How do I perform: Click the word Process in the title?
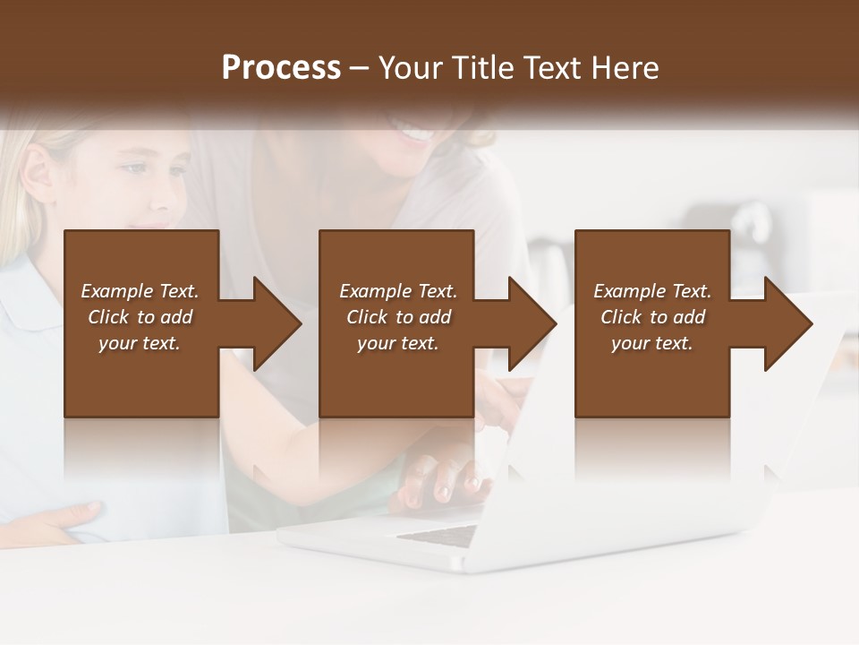[281, 68]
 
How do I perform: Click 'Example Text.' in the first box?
[140, 291]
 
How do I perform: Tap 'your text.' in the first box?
[140, 343]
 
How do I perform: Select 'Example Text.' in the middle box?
[397, 291]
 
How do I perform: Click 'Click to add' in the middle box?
[397, 317]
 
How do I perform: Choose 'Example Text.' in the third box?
[652, 291]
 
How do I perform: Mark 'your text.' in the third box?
[652, 343]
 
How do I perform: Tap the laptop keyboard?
[438, 535]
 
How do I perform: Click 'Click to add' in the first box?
[140, 317]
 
